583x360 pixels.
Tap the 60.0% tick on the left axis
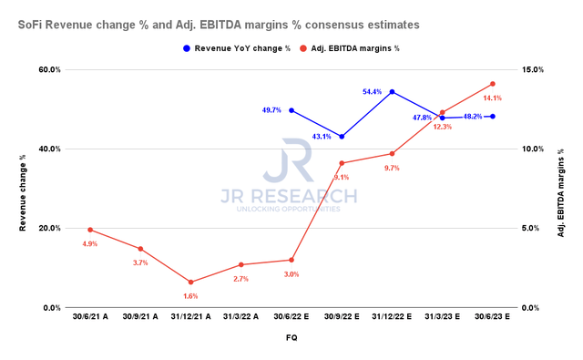(x=48, y=70)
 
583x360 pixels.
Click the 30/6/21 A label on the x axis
(x=90, y=319)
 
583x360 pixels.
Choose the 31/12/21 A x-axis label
(x=190, y=319)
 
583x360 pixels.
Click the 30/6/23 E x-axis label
(x=492, y=319)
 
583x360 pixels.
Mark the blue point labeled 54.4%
(x=392, y=92)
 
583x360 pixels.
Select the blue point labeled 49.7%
(x=291, y=110)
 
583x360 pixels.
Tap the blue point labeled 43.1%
(x=342, y=137)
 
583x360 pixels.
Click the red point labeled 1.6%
(x=190, y=283)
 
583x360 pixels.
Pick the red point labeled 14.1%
(x=493, y=84)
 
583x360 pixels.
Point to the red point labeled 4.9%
(x=90, y=230)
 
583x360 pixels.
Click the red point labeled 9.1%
(x=342, y=163)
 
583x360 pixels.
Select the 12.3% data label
(x=441, y=127)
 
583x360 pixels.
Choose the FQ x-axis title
(x=291, y=336)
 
